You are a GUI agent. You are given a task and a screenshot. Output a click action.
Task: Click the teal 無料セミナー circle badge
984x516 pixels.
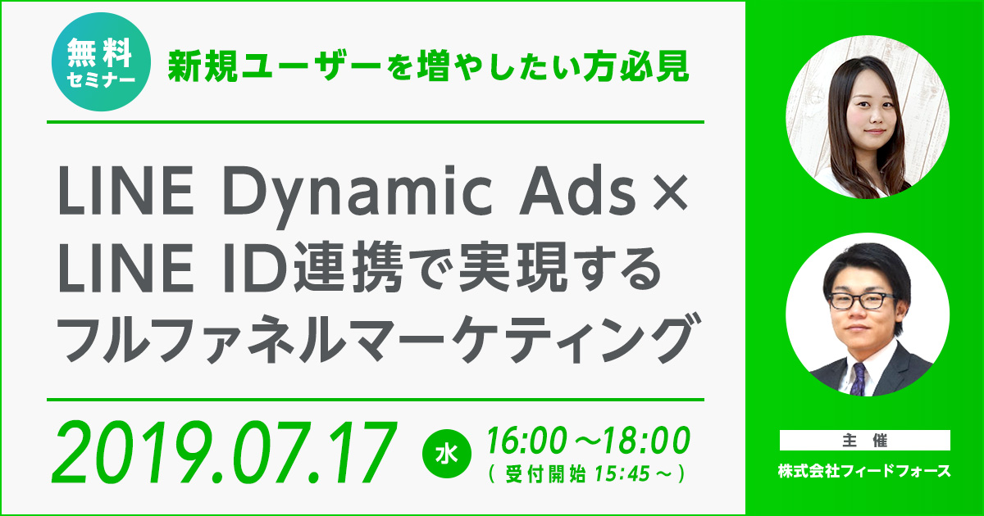click(x=101, y=61)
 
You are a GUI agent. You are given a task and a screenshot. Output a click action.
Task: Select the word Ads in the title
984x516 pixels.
click(x=577, y=191)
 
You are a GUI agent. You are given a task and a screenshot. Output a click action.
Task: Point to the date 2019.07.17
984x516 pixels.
click(x=225, y=452)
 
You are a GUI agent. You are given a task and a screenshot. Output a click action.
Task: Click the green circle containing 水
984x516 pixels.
click(x=446, y=454)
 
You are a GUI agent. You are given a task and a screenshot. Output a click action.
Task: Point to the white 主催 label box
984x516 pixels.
click(x=865, y=440)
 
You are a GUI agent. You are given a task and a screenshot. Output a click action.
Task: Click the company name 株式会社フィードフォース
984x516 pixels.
click(x=864, y=471)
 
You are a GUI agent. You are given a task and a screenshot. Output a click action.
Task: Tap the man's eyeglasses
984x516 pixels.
click(x=861, y=301)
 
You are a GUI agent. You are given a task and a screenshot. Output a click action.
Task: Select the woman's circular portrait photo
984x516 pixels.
click(x=868, y=116)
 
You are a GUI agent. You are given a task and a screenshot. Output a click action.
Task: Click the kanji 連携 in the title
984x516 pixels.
click(x=348, y=266)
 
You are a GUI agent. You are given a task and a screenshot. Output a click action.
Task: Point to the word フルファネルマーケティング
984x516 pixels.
click(x=378, y=337)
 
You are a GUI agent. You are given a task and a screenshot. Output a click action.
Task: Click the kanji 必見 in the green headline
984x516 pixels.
click(x=654, y=66)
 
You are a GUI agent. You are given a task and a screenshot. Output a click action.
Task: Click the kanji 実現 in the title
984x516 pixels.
click(x=512, y=266)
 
